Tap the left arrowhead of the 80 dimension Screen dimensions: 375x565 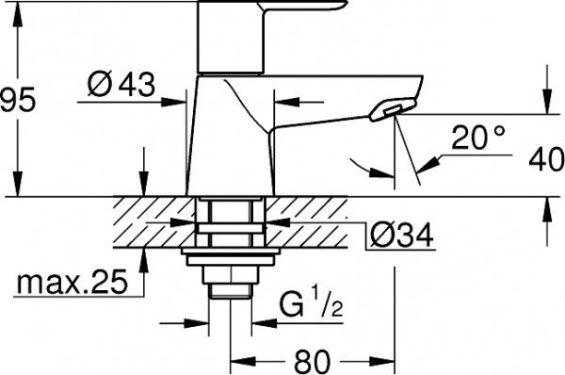[236, 359]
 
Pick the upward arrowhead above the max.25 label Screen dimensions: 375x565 [142, 254]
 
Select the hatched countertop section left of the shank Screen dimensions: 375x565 [151, 221]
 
